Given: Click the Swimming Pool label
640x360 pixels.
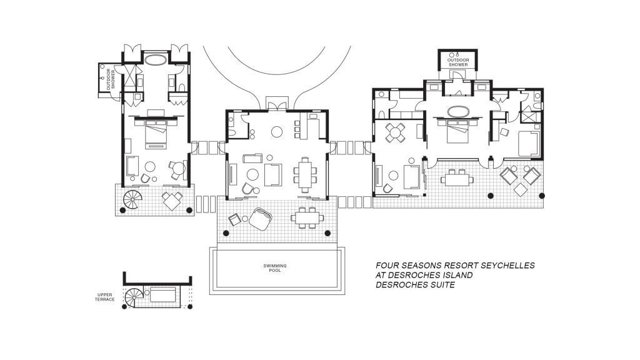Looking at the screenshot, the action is click(275, 267).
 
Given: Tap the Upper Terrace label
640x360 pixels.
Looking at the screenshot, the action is click(105, 297).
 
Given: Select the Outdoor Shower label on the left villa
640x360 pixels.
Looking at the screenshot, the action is click(110, 79).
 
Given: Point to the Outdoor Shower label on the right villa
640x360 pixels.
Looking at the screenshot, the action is click(458, 62).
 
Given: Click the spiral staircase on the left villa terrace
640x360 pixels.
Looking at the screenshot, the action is click(132, 199).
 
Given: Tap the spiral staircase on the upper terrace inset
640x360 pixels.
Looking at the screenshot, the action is click(134, 297).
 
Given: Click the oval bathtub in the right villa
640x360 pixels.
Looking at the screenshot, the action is click(458, 111).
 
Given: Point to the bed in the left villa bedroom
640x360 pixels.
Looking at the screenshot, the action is click(156, 135).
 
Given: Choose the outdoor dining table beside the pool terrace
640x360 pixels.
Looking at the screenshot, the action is click(307, 217).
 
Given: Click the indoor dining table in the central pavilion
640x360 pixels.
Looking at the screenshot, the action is click(305, 175).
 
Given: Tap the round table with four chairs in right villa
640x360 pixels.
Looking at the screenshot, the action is click(396, 132).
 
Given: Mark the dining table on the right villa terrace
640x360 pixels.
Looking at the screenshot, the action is click(457, 179).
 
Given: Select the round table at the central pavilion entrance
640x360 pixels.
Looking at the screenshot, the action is click(277, 131).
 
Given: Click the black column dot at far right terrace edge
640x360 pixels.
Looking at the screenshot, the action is click(542, 196).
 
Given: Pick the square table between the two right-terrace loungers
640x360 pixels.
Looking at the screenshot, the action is click(521, 190).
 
